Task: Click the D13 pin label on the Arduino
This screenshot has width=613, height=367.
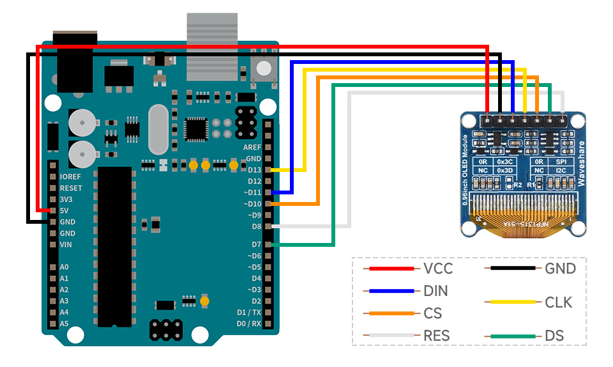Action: [254, 170]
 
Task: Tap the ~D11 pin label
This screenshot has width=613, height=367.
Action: [252, 192]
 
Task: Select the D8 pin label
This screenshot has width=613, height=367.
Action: [256, 226]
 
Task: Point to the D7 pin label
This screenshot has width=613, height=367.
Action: [256, 245]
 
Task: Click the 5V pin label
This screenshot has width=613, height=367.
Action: [64, 210]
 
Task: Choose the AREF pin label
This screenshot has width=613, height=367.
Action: [252, 147]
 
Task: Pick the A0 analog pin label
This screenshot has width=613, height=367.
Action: [64, 267]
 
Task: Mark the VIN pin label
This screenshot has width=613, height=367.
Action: [66, 245]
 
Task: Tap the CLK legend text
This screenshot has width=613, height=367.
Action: [559, 302]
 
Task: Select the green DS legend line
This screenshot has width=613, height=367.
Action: [510, 336]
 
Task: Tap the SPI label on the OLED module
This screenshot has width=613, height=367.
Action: [562, 162]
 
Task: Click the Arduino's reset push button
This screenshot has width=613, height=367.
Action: [263, 68]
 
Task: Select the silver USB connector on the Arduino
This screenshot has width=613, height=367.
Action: [210, 45]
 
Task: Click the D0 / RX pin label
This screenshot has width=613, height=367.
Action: [248, 324]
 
